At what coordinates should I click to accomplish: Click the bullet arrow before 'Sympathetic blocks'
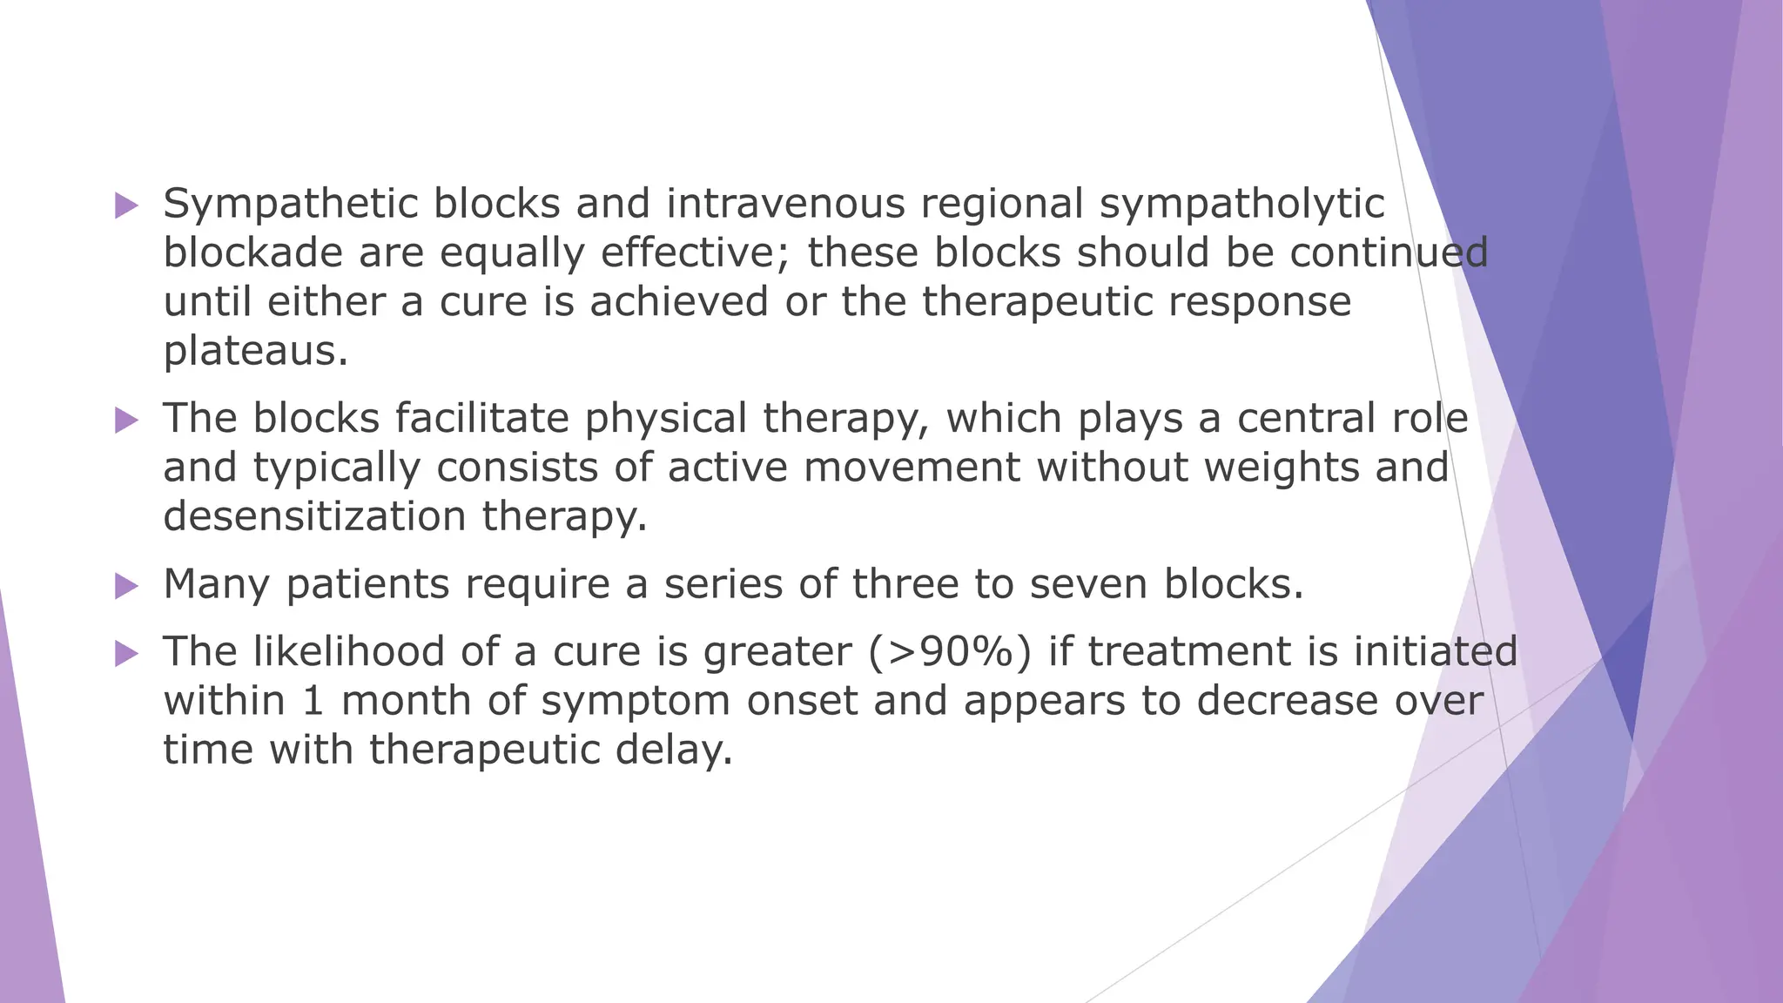[x=126, y=206]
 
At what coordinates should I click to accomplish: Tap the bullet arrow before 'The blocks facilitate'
[x=126, y=421]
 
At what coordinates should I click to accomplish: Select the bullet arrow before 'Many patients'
[x=126, y=587]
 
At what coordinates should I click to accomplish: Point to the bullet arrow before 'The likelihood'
[x=126, y=654]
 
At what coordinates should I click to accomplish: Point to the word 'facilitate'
[x=481, y=419]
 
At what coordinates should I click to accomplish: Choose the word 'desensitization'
[x=315, y=516]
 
